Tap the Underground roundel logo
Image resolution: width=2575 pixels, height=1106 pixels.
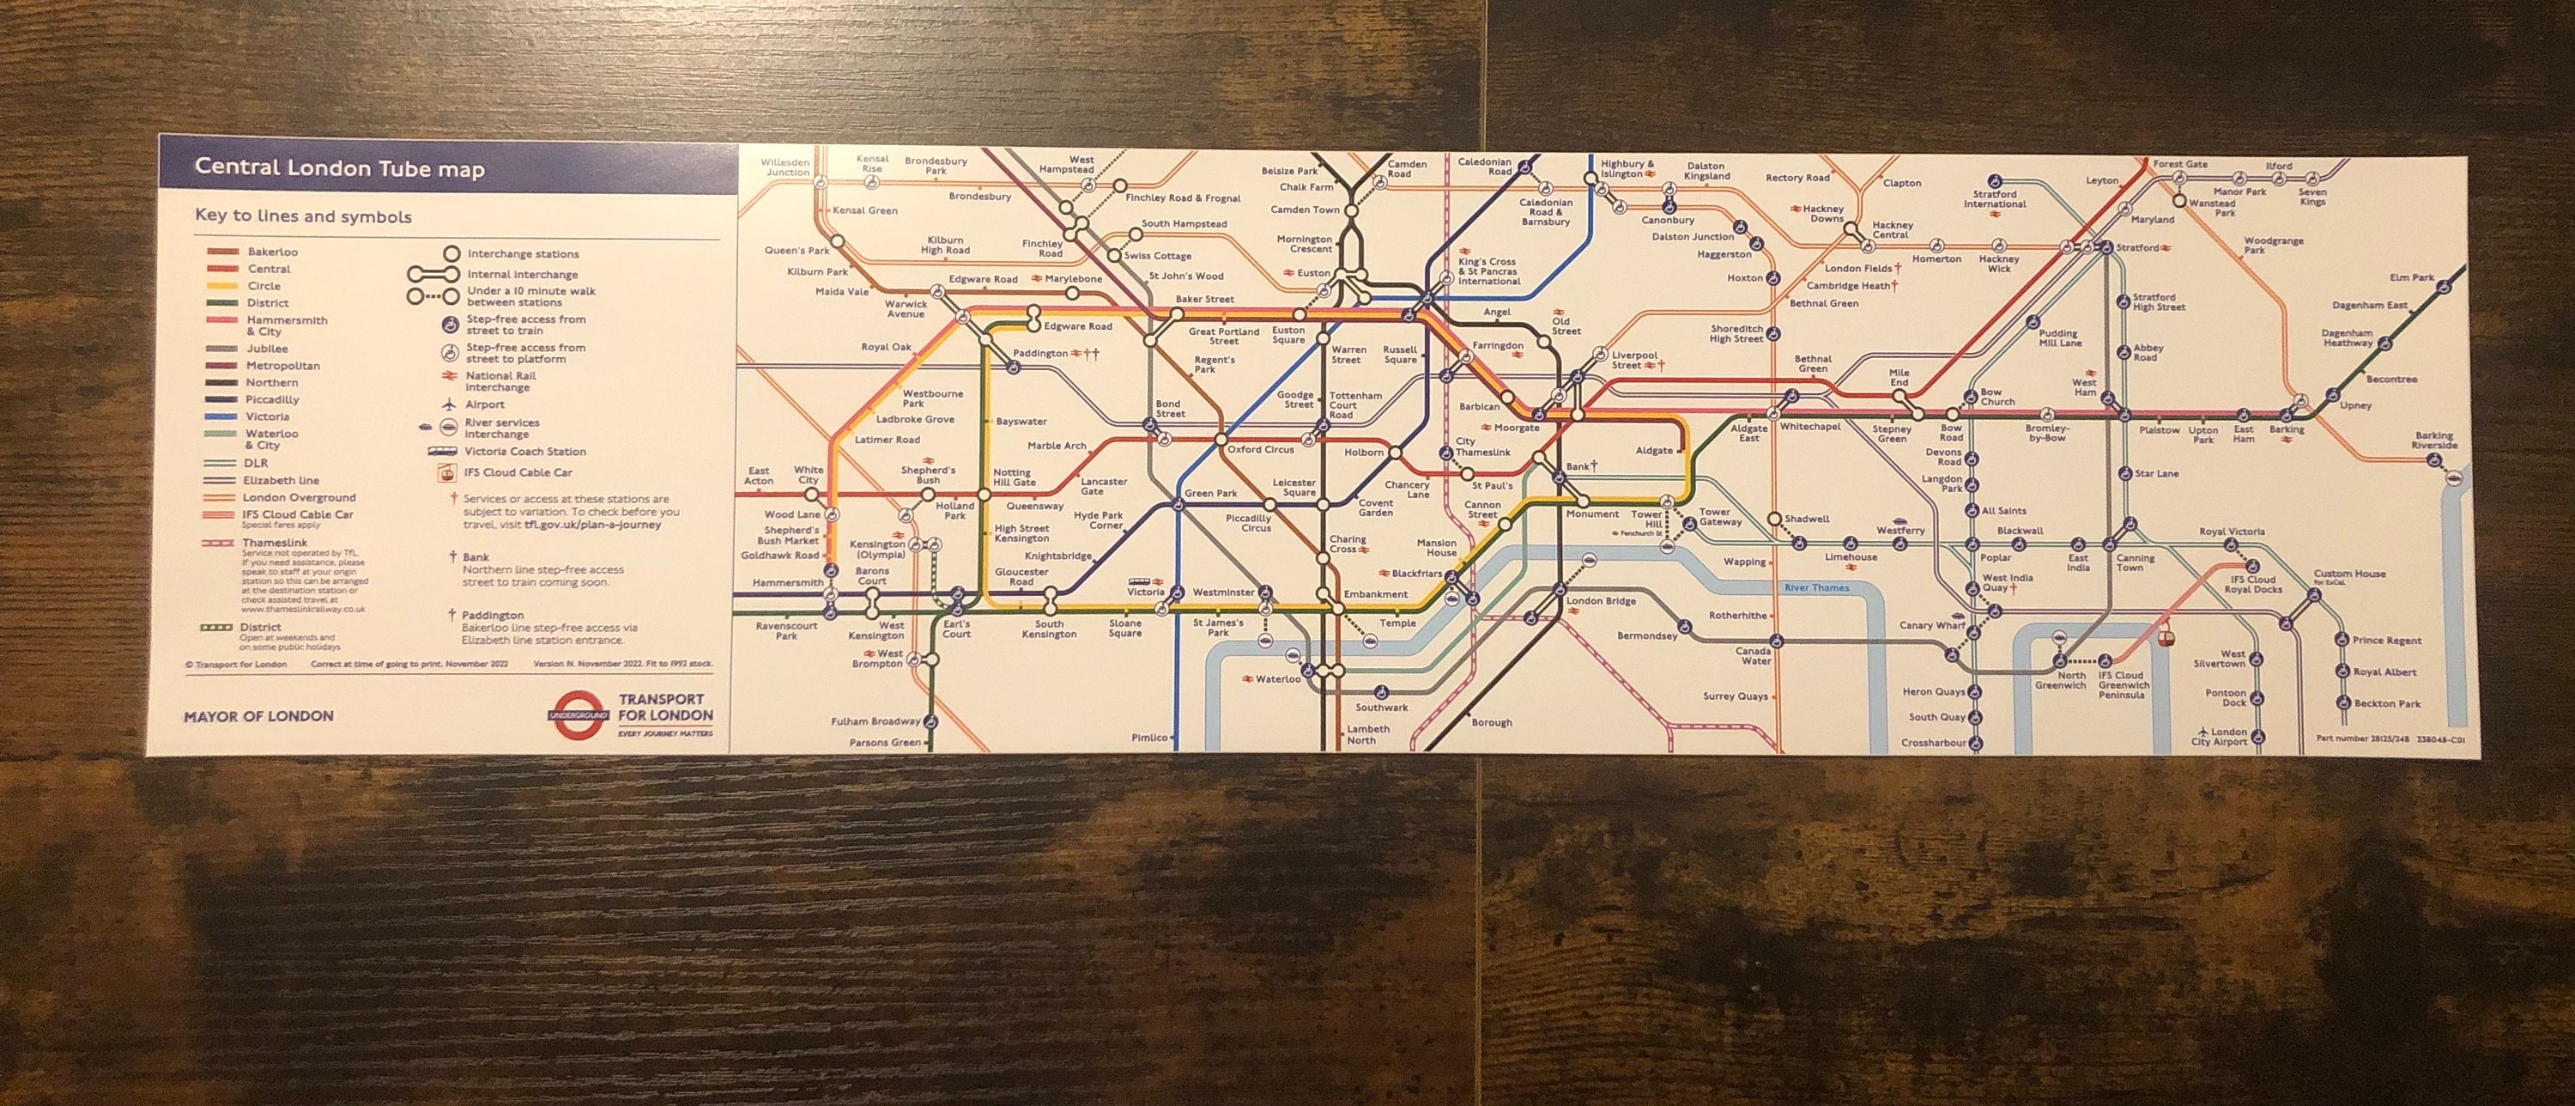[x=578, y=715]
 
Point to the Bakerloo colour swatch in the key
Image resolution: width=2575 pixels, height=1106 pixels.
[x=222, y=252]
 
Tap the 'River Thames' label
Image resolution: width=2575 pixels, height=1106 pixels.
[x=1816, y=588]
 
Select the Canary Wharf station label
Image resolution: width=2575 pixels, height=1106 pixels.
[x=1931, y=626]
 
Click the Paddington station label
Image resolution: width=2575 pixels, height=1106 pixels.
[x=1039, y=354]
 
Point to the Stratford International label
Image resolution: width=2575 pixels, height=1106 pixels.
[x=1994, y=199]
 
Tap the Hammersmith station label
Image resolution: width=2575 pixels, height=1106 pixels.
[x=788, y=583]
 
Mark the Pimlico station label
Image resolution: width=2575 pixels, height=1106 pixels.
[x=1148, y=738]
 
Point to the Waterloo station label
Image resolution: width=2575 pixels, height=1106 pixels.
[x=1277, y=680]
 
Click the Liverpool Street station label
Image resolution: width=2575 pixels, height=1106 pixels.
[x=1633, y=360]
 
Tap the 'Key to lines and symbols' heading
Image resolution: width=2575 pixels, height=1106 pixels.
[x=303, y=216]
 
